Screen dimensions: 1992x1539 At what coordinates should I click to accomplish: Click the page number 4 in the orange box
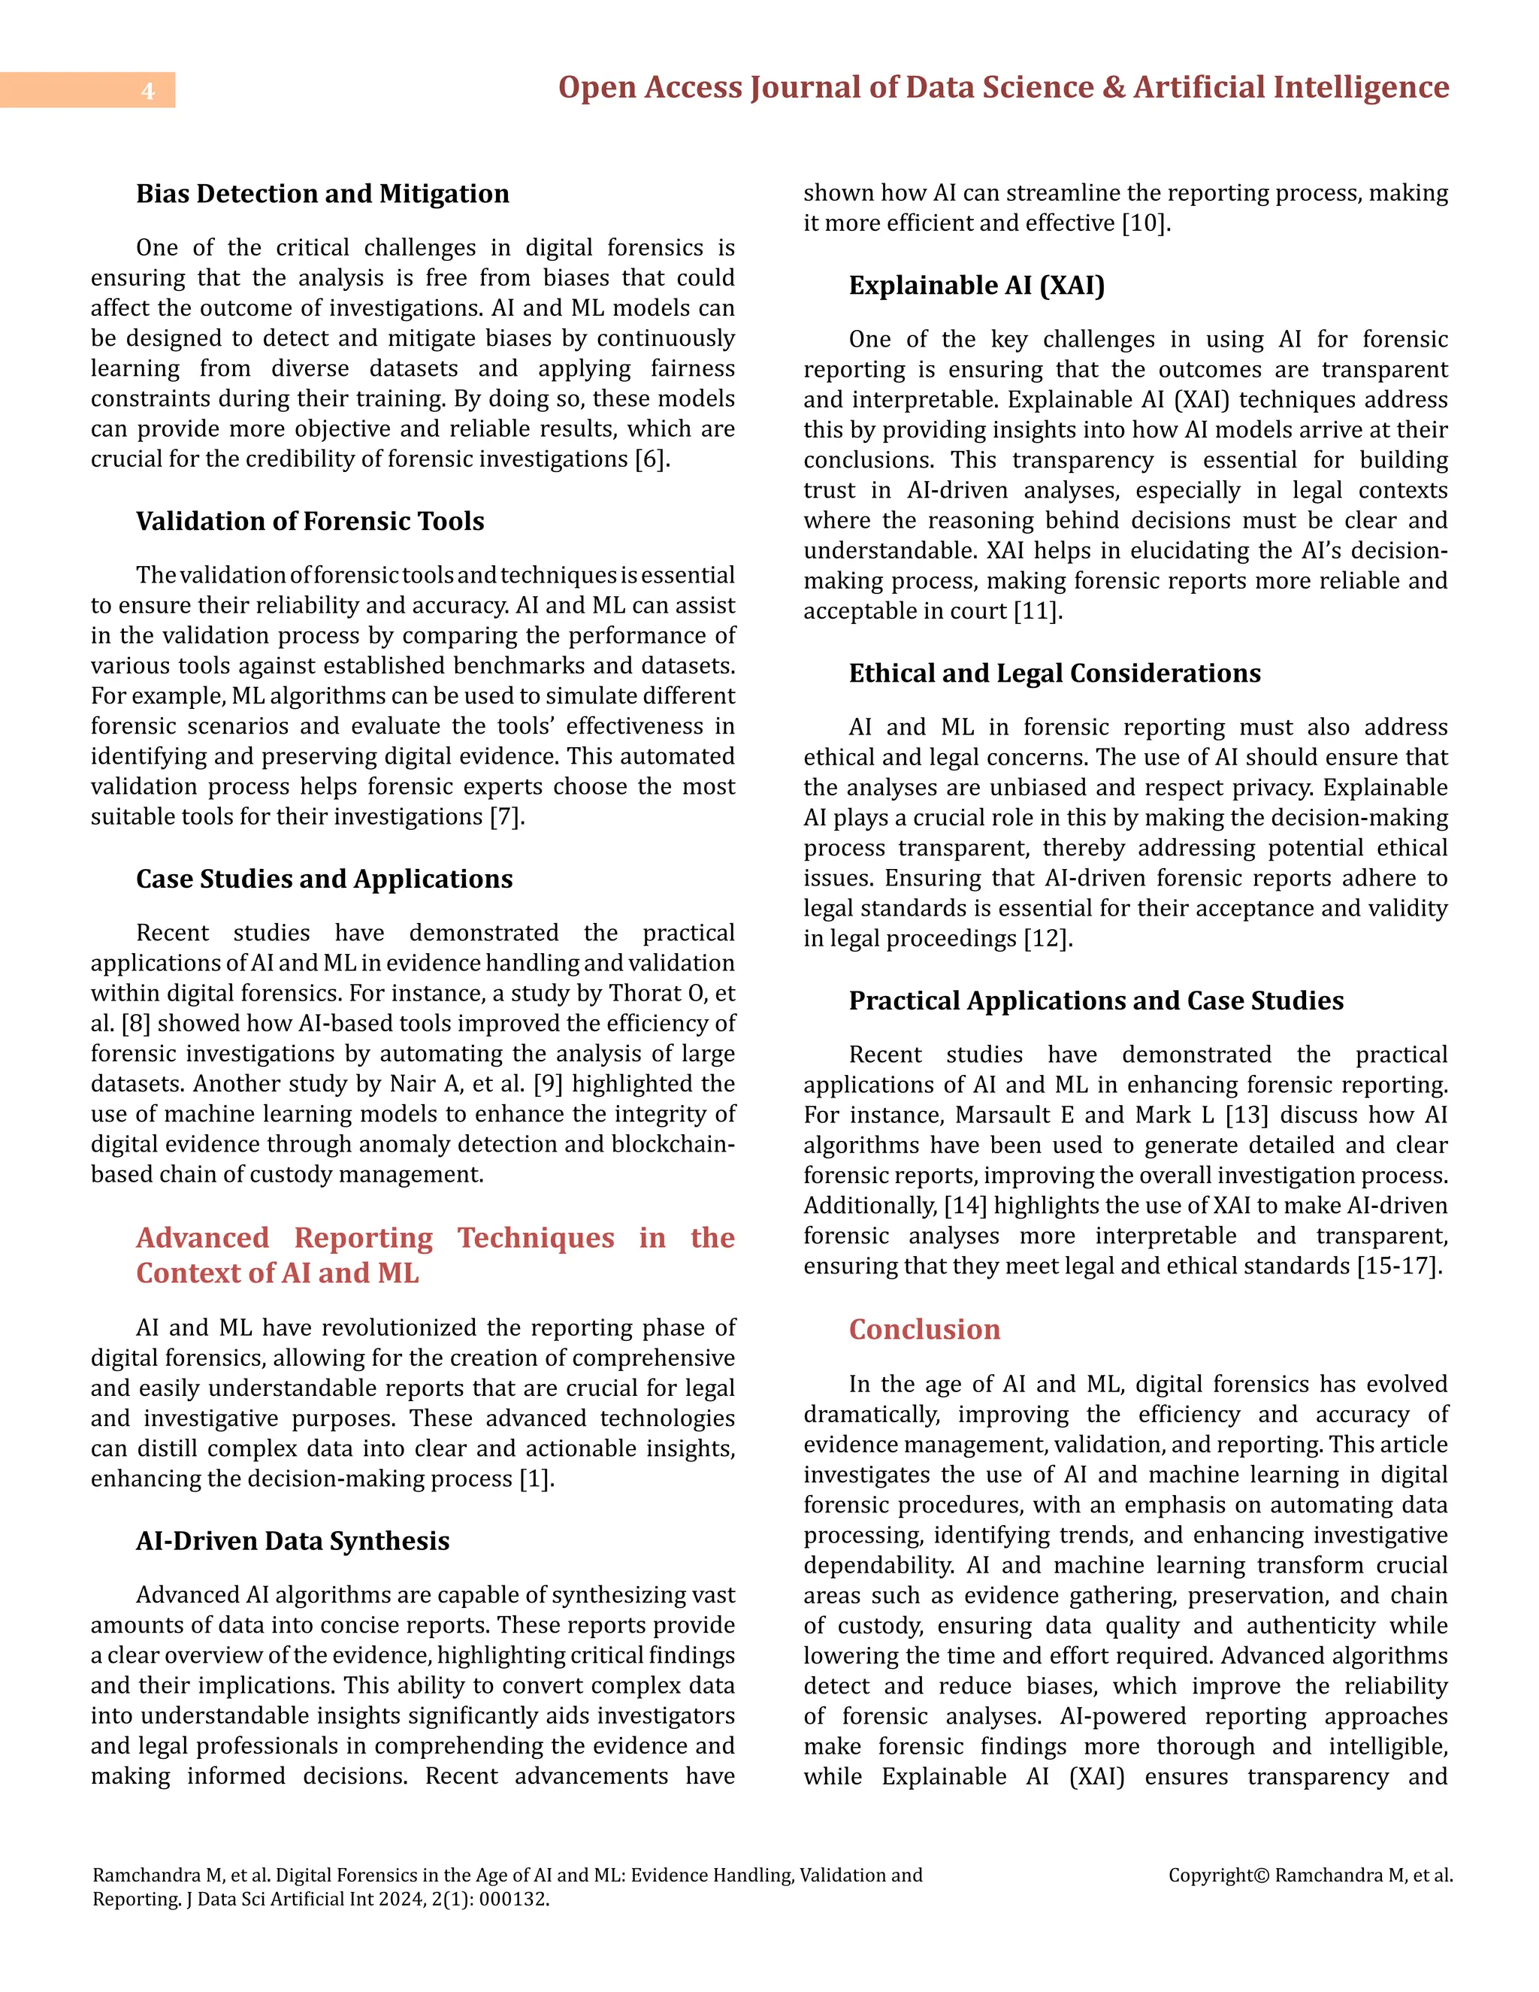click(148, 90)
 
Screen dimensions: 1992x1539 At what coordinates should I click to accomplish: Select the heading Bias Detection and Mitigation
click(322, 193)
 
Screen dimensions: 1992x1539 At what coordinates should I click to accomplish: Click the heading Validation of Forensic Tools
click(310, 521)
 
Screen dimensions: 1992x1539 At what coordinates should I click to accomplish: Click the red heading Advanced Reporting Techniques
click(435, 1254)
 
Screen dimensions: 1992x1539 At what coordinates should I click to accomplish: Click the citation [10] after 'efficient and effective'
click(1145, 223)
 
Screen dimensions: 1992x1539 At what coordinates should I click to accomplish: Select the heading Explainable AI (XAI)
click(976, 286)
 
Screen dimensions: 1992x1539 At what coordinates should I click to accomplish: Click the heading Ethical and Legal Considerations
click(1054, 673)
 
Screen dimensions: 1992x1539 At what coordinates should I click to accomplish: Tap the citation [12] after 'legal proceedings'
click(1048, 939)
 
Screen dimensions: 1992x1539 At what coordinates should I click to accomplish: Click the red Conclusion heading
click(924, 1329)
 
